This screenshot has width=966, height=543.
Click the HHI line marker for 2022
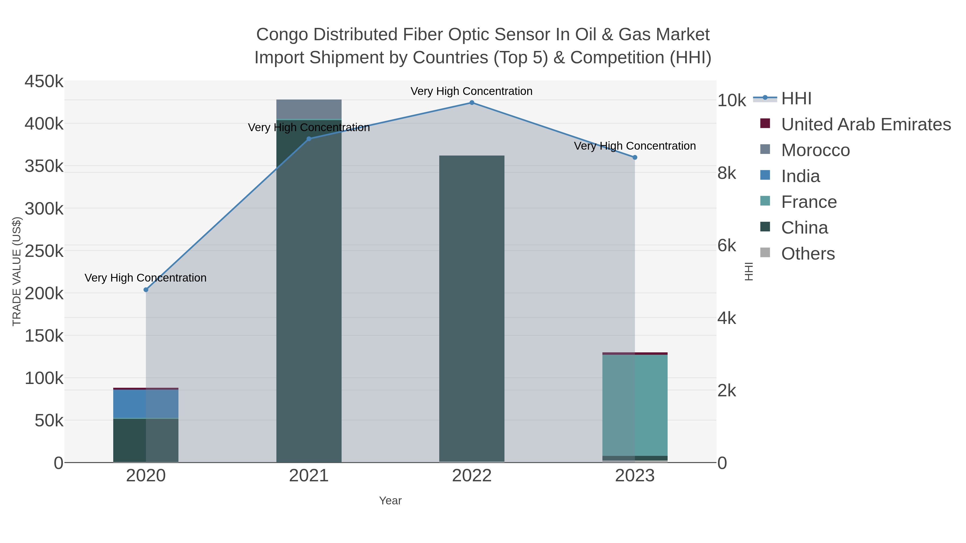(472, 103)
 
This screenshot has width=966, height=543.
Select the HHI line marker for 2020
(146, 290)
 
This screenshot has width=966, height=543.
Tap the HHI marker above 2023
(635, 157)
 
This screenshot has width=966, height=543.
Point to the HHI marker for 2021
(309, 139)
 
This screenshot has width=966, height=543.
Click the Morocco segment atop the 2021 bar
(309, 109)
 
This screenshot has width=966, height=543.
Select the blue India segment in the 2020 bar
(146, 404)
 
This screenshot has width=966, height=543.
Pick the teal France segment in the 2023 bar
(635, 405)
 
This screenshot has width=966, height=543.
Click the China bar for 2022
(472, 307)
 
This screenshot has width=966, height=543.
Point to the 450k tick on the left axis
(44, 81)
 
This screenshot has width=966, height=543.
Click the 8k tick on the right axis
(727, 173)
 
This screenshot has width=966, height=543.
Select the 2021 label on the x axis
(309, 475)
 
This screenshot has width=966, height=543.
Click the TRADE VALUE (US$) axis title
(16, 271)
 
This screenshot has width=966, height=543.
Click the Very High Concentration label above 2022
(471, 91)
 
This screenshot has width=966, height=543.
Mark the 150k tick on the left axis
(44, 336)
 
